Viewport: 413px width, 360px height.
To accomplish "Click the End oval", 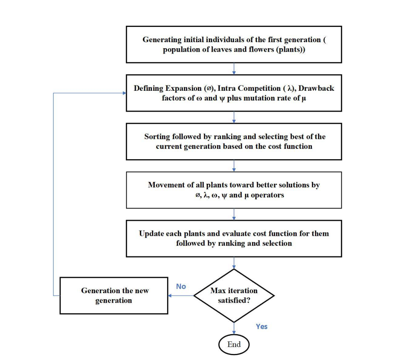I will pos(234,344).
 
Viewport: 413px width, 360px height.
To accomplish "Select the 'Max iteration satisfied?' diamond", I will pos(234,295).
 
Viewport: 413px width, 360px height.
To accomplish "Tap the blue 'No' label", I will pos(181,286).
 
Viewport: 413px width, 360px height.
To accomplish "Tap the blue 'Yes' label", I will pos(261,326).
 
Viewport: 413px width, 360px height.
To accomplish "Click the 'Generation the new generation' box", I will pos(114,295).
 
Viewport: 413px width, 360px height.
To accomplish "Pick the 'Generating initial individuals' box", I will pos(234,44).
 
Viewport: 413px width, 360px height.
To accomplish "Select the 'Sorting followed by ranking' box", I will pos(234,141).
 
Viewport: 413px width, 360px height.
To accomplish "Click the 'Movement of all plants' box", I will pos(234,190).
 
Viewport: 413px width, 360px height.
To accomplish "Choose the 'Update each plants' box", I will pos(234,238).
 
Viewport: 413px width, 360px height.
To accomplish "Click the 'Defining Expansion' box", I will pos(234,93).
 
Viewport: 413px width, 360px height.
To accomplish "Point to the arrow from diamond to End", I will pos(234,328).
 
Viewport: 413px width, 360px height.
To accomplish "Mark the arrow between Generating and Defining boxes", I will pos(234,68).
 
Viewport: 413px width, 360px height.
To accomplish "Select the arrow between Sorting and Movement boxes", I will pos(234,166).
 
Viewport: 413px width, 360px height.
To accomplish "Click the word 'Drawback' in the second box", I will pos(316,88).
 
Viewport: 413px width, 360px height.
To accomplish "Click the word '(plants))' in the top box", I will pos(290,49).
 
